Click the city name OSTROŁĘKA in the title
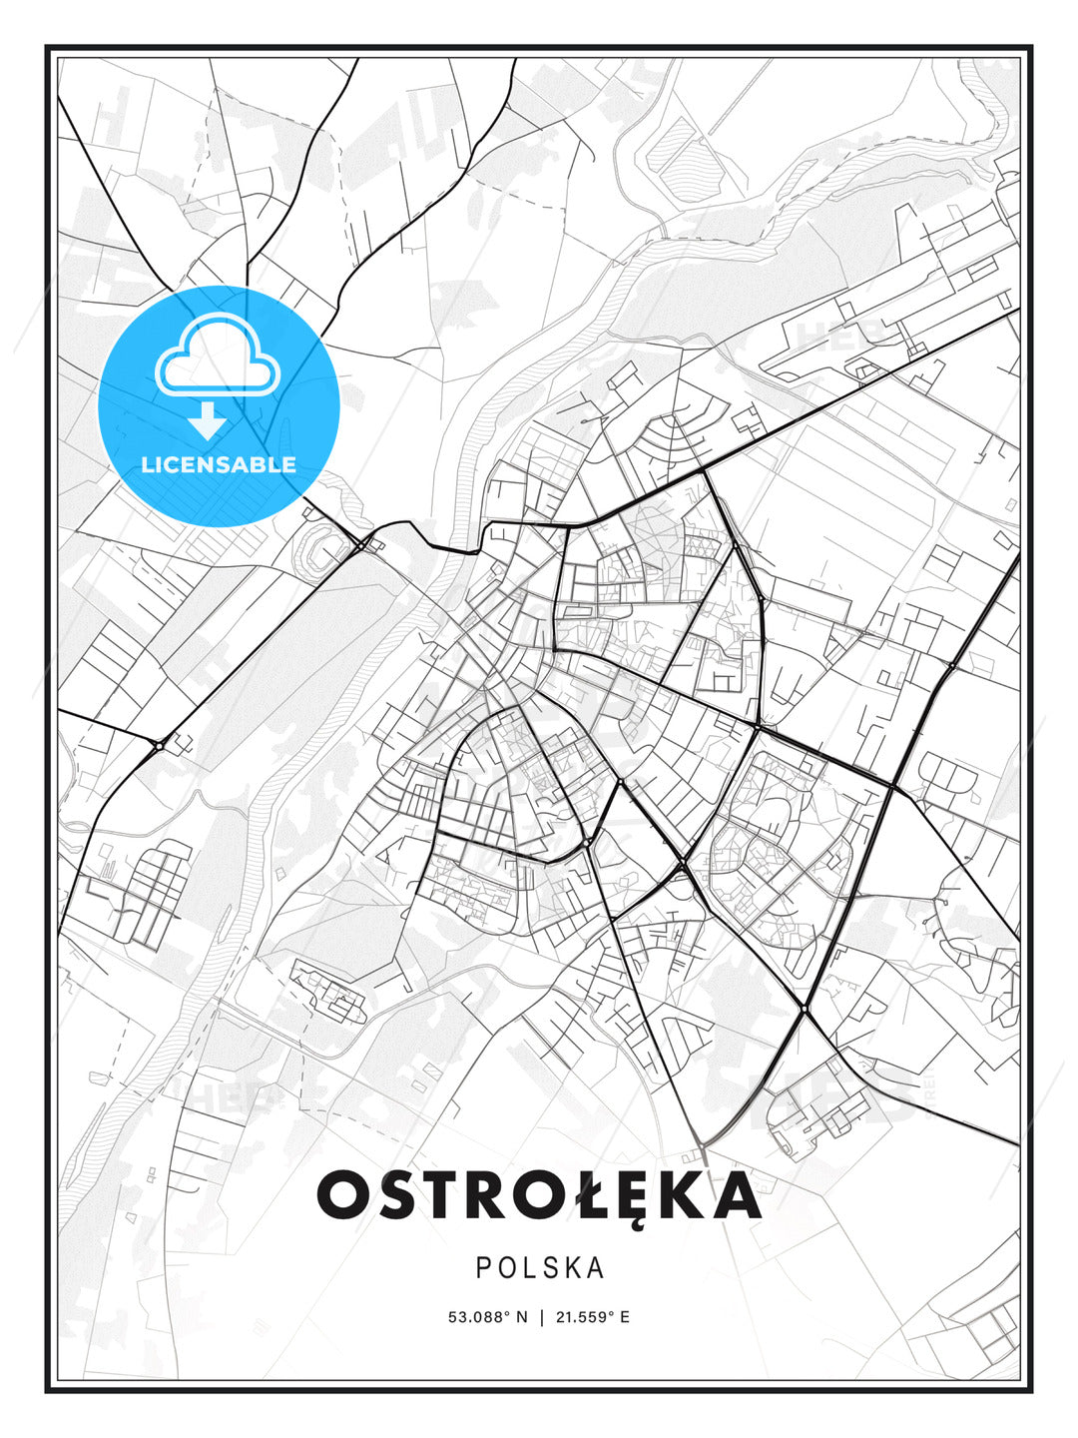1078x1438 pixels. [x=539, y=1194]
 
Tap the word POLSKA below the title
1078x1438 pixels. [x=540, y=1268]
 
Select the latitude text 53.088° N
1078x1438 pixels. [x=487, y=1317]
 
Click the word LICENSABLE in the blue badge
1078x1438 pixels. [x=219, y=464]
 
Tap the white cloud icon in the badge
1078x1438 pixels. [x=217, y=356]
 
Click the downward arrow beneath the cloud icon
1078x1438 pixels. [x=208, y=420]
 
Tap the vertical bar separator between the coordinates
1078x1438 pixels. [x=542, y=1317]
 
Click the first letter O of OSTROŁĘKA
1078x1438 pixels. [x=344, y=1194]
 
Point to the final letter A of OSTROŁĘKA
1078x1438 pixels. [x=736, y=1194]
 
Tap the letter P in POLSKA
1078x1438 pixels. [x=483, y=1268]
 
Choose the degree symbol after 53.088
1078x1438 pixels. [x=508, y=1313]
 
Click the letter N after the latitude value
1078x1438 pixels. [x=520, y=1317]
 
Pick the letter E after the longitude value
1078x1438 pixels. [x=625, y=1317]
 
